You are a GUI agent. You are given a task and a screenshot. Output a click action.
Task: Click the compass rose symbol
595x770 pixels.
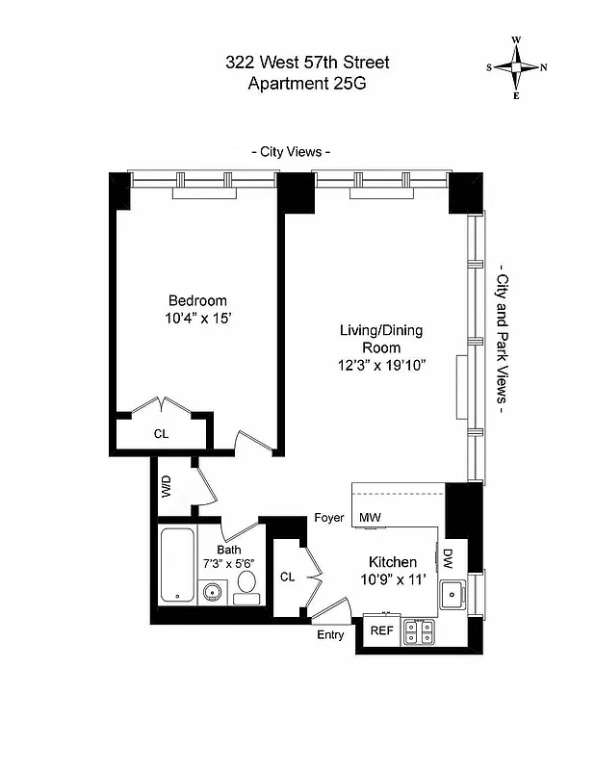[516, 67]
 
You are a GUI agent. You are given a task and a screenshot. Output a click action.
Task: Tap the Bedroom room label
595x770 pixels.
[197, 300]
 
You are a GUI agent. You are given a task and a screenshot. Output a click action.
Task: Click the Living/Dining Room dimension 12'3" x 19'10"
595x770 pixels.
[381, 365]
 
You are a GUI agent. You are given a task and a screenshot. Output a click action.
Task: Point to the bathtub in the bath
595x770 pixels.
[178, 565]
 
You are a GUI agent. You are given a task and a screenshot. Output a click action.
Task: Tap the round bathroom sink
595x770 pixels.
[212, 592]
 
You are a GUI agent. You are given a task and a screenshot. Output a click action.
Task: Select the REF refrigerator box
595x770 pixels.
[382, 632]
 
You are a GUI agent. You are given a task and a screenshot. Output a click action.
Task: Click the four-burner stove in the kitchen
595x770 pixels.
[419, 631]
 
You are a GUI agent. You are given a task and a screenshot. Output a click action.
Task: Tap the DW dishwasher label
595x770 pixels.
[448, 557]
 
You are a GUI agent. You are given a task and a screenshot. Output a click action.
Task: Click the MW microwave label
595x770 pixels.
[371, 518]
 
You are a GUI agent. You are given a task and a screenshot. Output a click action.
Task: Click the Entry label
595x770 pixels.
[329, 634]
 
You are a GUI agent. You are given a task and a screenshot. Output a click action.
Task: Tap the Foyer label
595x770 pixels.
[329, 518]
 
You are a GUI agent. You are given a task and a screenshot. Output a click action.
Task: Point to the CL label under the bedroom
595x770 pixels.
[161, 434]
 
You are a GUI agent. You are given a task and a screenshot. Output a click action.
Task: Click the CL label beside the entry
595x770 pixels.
[287, 577]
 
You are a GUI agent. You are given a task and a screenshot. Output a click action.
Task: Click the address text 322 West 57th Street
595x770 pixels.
[307, 64]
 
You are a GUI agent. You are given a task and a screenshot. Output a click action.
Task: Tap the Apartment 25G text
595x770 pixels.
[307, 84]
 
